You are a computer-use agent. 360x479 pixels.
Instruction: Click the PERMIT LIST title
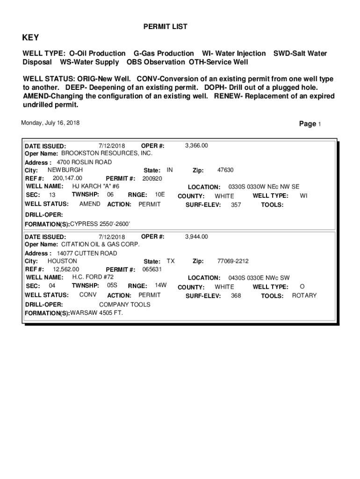pyautogui.click(x=165, y=27)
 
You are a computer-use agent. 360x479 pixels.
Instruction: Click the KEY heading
pyautogui.click(x=31, y=38)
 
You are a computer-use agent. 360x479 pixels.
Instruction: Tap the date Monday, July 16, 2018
pyautogui.click(x=50, y=123)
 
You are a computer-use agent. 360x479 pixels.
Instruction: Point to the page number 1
pyautogui.click(x=319, y=124)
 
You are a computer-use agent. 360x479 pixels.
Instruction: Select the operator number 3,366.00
pyautogui.click(x=196, y=145)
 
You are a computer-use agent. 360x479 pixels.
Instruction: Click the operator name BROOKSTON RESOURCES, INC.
pyautogui.click(x=107, y=153)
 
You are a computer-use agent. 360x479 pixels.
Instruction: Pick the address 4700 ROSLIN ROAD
pyautogui.click(x=84, y=162)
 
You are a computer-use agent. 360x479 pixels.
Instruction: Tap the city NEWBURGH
pyautogui.click(x=65, y=170)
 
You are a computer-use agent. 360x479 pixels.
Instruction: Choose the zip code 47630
pyautogui.click(x=225, y=170)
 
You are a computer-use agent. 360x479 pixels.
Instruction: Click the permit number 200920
pyautogui.click(x=152, y=179)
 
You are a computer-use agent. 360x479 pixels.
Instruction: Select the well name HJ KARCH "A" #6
pyautogui.click(x=95, y=186)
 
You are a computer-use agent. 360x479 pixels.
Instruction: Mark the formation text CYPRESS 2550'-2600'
pyautogui.click(x=100, y=224)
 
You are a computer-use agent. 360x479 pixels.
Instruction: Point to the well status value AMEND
pyautogui.click(x=90, y=204)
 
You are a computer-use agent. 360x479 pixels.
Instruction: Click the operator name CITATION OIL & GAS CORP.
pyautogui.click(x=101, y=245)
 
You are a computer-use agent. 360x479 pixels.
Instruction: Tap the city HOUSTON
pyautogui.click(x=62, y=261)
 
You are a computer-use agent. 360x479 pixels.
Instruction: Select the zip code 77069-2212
pyautogui.click(x=233, y=261)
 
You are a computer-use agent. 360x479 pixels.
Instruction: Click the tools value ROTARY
pyautogui.click(x=304, y=296)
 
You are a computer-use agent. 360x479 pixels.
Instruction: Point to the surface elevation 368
pyautogui.click(x=236, y=296)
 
